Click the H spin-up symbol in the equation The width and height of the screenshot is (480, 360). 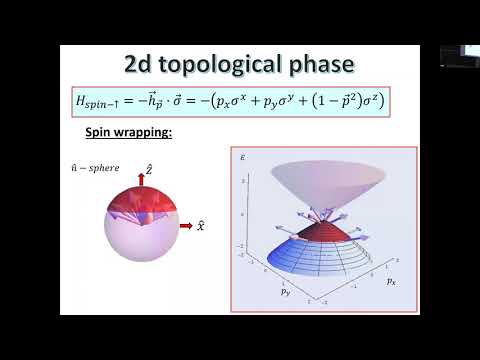[x=101, y=101]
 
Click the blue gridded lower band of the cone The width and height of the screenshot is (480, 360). [x=300, y=262]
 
